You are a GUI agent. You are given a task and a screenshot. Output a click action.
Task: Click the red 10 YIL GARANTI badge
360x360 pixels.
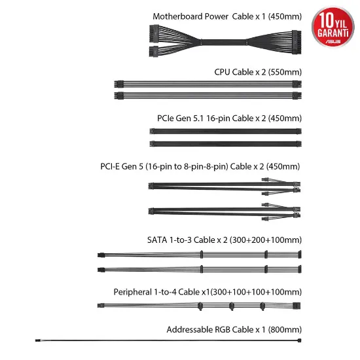point(333,27)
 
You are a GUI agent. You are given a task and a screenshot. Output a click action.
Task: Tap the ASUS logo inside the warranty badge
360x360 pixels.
point(333,42)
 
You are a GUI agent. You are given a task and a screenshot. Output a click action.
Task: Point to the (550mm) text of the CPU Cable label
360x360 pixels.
point(285,72)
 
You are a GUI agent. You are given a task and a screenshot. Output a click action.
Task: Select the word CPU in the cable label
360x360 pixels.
point(223,72)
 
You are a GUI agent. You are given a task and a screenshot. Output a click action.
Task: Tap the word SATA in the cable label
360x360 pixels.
point(157,240)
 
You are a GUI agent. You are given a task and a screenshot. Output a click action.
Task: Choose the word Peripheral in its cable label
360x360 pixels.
point(133,292)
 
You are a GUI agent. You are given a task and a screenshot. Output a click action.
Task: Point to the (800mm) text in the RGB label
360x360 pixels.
point(285,330)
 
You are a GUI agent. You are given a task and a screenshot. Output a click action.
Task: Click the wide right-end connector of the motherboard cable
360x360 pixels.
point(297,43)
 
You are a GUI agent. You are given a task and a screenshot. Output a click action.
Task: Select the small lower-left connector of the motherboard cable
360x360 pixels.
point(154,51)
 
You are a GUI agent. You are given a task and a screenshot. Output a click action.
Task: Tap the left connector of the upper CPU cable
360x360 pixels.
point(118,84)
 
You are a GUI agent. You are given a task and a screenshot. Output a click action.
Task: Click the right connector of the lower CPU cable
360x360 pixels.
point(297,96)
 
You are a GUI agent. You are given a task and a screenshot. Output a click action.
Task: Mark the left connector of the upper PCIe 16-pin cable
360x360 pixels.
point(152,131)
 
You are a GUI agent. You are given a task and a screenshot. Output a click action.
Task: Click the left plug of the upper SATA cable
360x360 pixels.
point(101,255)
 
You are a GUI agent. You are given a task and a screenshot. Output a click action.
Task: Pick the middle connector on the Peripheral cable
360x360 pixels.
point(232,306)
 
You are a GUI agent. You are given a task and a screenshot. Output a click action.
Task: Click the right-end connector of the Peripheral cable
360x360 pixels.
point(297,306)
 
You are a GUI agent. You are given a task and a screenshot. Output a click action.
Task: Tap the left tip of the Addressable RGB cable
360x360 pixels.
point(36,340)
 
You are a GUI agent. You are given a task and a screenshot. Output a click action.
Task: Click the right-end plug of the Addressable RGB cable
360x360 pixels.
point(299,340)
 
